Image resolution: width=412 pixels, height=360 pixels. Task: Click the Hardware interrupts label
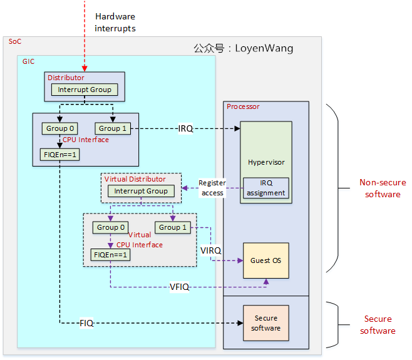[x=115, y=22]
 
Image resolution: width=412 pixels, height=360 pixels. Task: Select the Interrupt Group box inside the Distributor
[x=85, y=90]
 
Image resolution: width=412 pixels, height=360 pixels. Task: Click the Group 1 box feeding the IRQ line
[x=113, y=128]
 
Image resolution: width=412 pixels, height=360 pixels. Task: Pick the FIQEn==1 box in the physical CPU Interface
[x=59, y=154]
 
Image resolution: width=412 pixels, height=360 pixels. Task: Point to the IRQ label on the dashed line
[x=185, y=129]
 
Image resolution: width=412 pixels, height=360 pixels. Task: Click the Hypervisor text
[x=266, y=162]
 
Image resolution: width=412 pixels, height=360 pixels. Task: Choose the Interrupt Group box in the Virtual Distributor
[x=141, y=191]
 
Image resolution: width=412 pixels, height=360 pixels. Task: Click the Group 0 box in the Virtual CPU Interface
[x=110, y=227]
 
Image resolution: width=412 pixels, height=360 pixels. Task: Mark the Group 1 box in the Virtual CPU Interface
[x=173, y=227]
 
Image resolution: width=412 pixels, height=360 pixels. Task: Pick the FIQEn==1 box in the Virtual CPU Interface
[x=110, y=255]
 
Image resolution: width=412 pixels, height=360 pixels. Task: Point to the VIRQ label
[x=211, y=250]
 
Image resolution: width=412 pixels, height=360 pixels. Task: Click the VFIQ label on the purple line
[x=180, y=287]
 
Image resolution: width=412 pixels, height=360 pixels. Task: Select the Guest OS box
[x=266, y=260]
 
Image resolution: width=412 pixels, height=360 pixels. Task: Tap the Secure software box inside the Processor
[x=266, y=323]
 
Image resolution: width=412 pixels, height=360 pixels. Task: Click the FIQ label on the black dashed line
[x=86, y=323]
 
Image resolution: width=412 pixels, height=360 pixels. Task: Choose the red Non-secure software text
[x=379, y=188]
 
